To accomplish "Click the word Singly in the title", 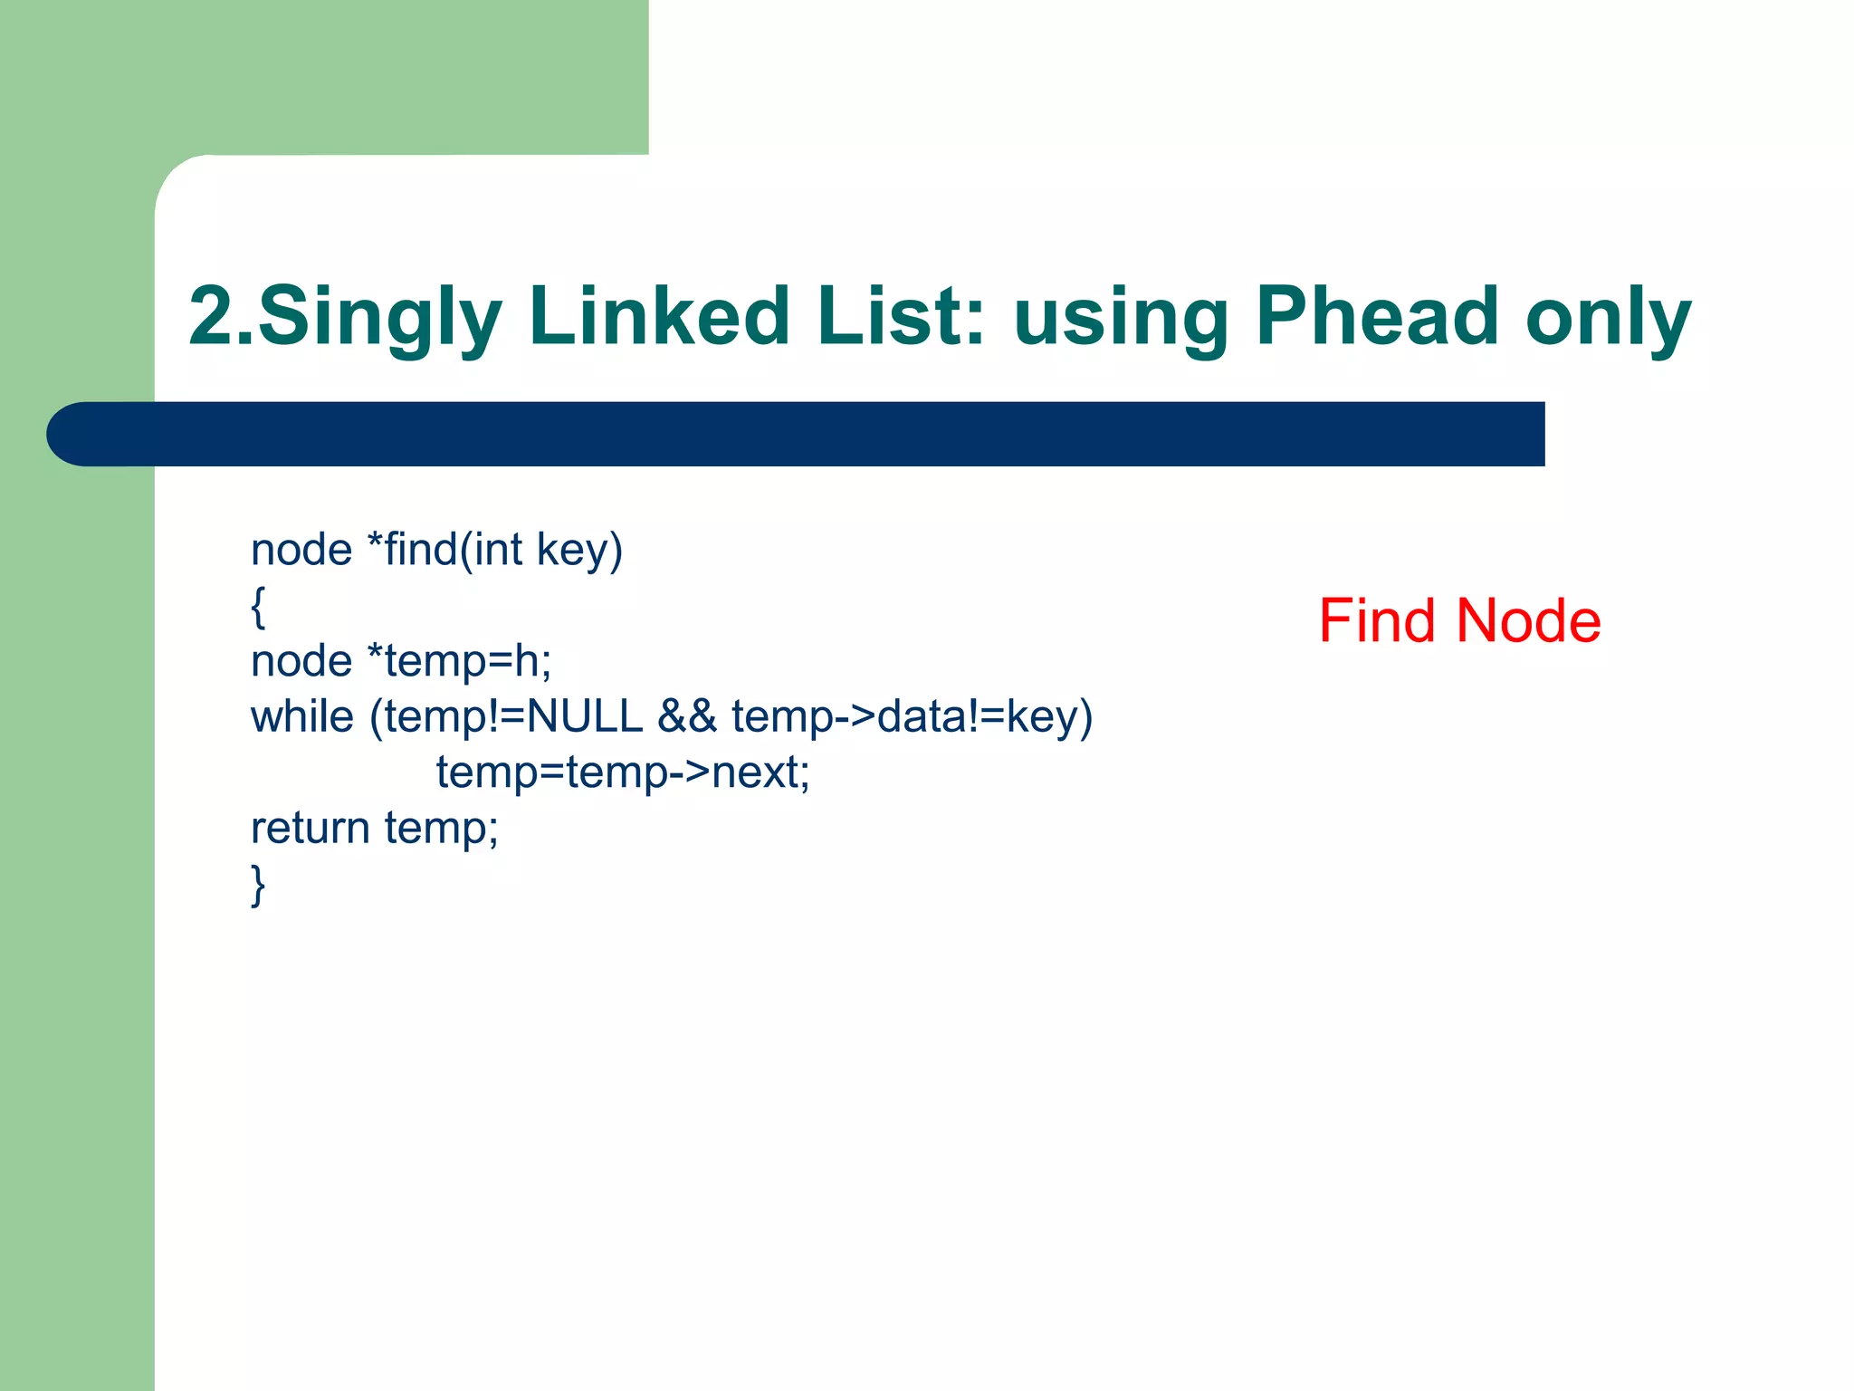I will pos(380,317).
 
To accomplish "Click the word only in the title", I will pos(1609,317).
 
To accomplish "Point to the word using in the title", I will pos(1121,317).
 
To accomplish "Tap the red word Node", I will pos(1529,621).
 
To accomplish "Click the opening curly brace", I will pos(258,606).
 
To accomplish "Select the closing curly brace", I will pos(258,885).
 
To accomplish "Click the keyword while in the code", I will pos(302,716).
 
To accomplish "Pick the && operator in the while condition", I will pos(687,716).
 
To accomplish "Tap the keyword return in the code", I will pos(311,828).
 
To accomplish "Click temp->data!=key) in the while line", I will pos(913,716).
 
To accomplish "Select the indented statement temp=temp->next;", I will pos(623,772).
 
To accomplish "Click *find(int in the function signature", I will pos(444,550).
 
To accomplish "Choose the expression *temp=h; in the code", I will pos(459,661).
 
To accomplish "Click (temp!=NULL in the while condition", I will pos(506,716).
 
